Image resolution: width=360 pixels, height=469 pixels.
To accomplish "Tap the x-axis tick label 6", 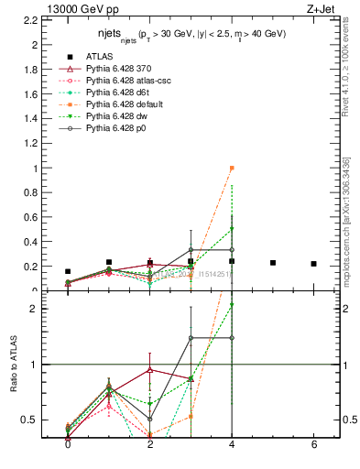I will pyautogui.click(x=314, y=444).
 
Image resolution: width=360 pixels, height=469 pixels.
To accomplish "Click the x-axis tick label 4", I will pyautogui.click(x=232, y=444).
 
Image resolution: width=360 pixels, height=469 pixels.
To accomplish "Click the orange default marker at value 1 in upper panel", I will pyautogui.click(x=232, y=168).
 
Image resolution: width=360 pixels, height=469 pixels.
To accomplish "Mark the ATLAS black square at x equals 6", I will pyautogui.click(x=314, y=264).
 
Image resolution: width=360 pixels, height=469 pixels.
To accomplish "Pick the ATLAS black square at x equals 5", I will pyautogui.click(x=273, y=263).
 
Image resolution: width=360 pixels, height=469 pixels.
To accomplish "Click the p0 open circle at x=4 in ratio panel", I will pyautogui.click(x=232, y=338).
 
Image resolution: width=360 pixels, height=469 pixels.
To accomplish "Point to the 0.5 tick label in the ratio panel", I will pyautogui.click(x=30, y=420).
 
